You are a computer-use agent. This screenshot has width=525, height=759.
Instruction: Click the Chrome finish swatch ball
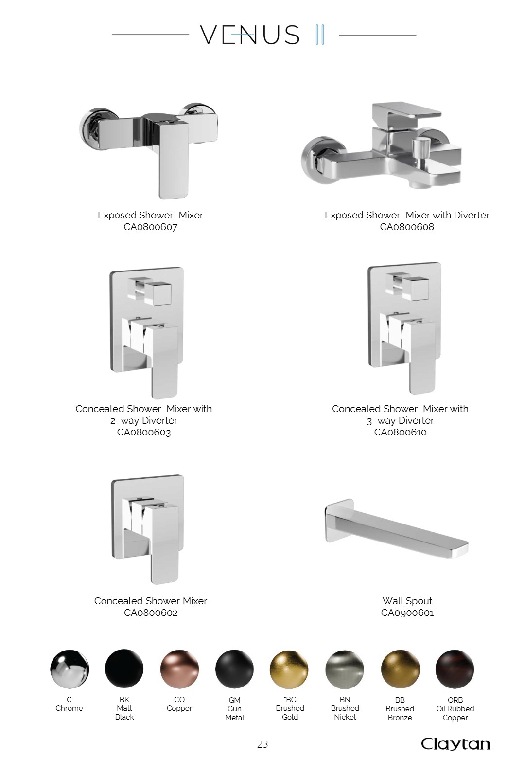coord(70,669)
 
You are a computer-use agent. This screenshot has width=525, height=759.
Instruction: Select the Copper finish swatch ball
coord(179,669)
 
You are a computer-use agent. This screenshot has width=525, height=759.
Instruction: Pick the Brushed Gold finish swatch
coord(289,669)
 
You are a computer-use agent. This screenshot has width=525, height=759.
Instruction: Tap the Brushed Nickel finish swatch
coord(345,669)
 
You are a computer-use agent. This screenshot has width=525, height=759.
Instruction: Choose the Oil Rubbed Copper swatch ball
coord(455,669)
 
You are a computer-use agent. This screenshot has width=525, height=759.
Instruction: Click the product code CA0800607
coord(150,227)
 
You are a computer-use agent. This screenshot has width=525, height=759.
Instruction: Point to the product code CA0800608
coord(407,227)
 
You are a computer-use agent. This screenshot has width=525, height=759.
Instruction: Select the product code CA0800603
coord(144,433)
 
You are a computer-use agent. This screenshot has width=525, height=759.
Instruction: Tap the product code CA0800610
coord(400,433)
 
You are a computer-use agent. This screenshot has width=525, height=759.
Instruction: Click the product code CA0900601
coord(407,613)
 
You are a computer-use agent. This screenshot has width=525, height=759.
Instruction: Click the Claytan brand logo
coord(455,744)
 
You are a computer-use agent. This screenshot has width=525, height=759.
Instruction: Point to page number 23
coord(262,744)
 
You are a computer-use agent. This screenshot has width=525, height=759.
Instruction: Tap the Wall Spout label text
coord(407,601)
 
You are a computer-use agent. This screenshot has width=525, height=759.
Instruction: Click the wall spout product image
coord(396,528)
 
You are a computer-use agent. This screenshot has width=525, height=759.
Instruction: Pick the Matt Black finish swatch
coord(124,669)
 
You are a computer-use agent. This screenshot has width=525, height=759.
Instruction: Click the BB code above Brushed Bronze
coord(400,700)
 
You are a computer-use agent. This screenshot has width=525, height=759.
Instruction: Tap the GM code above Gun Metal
coord(235,700)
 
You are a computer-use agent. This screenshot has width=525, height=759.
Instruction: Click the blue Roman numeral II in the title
coord(320,34)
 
